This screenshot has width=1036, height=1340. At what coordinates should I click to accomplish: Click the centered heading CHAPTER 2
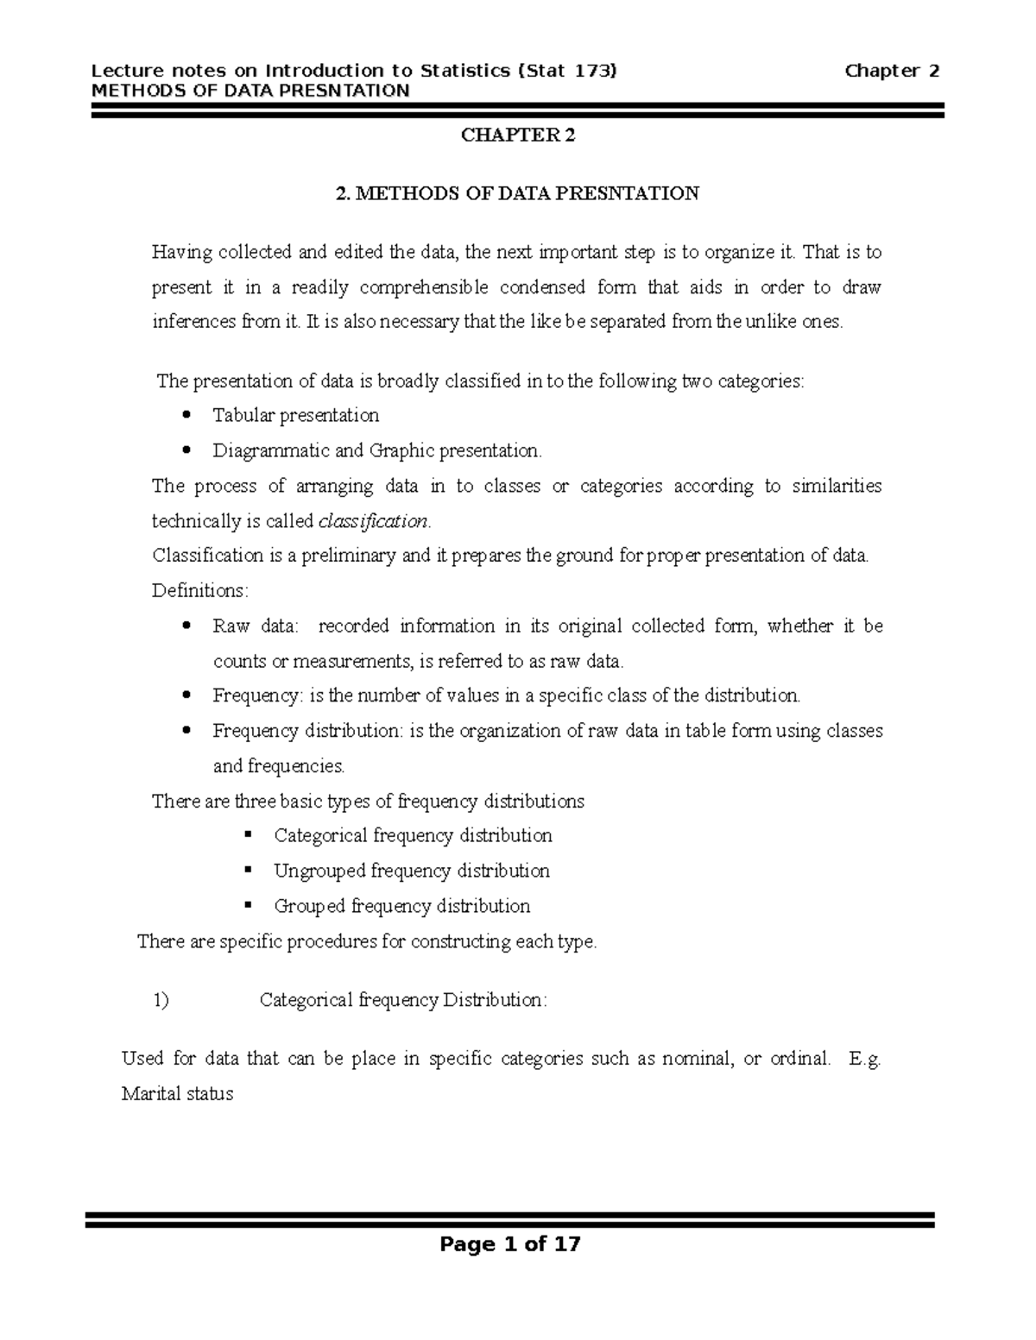click(x=517, y=135)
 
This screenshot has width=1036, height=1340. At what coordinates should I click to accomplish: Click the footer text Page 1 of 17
click(x=509, y=1243)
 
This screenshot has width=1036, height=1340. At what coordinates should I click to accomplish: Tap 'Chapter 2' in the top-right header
click(x=892, y=72)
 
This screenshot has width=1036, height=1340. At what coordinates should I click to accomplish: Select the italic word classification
click(x=373, y=521)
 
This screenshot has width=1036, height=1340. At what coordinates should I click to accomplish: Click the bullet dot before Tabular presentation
click(x=188, y=415)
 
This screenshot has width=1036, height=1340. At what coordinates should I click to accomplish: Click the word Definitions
click(x=199, y=591)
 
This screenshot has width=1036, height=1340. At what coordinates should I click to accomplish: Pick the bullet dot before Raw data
click(x=188, y=626)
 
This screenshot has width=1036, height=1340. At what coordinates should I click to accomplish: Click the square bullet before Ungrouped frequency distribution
click(x=249, y=870)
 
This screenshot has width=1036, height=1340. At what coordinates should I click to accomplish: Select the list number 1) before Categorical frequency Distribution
click(x=161, y=1000)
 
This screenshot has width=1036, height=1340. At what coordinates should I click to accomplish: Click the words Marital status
click(x=177, y=1094)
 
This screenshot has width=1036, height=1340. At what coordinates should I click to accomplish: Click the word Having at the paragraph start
click(x=181, y=253)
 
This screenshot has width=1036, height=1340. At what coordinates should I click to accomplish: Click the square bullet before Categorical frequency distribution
click(x=249, y=834)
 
